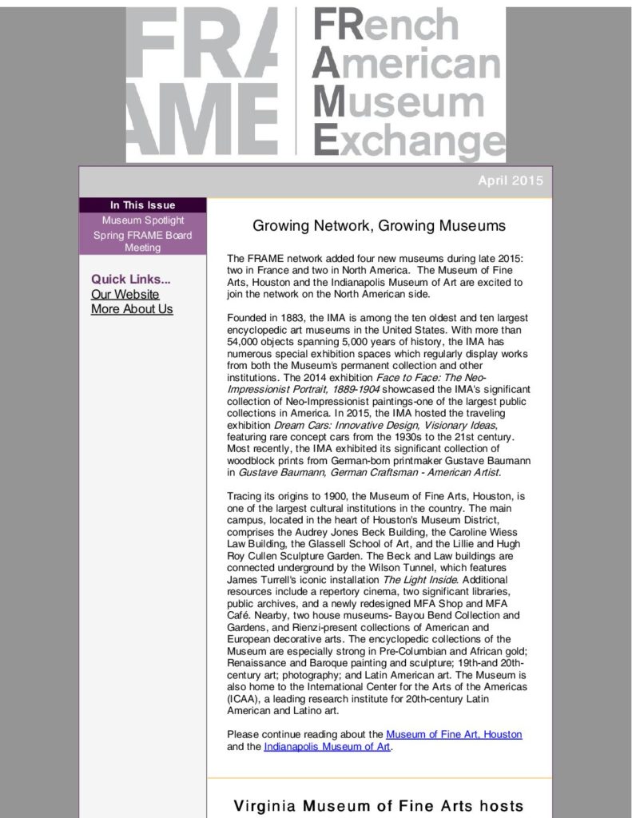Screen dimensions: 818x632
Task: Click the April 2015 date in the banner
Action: [510, 181]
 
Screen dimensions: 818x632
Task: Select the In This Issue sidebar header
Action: [142, 205]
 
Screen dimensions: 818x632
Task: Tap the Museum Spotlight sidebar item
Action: [142, 220]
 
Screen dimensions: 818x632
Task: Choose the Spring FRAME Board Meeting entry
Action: [142, 241]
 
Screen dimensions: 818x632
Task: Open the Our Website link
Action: [125, 294]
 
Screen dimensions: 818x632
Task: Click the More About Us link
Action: [132, 309]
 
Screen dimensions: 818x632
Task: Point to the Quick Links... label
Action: [130, 279]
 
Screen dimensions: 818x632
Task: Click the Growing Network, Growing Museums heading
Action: [379, 225]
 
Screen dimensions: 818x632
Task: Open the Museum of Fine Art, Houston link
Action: [454, 734]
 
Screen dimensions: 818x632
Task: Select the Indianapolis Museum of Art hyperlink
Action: [327, 747]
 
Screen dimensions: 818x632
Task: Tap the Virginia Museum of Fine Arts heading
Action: [379, 806]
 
